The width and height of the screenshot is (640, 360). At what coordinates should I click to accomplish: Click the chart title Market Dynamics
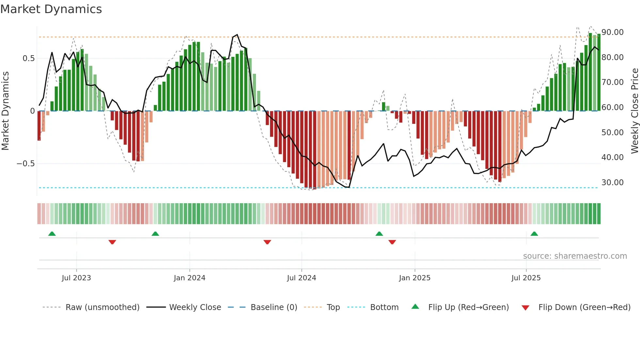(x=51, y=9)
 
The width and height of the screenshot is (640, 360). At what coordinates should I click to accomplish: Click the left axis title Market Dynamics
(x=5, y=111)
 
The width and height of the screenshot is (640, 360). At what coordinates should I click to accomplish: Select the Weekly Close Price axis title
(x=634, y=111)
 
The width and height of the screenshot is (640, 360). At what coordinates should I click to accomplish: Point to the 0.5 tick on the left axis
(x=28, y=58)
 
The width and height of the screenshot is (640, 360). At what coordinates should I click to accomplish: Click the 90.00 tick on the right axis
(x=612, y=32)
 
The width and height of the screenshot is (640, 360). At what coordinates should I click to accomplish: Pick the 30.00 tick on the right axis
(x=612, y=183)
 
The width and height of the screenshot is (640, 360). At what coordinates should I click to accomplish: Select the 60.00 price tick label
(x=612, y=107)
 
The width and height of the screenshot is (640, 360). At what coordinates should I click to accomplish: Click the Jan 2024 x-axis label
(x=189, y=278)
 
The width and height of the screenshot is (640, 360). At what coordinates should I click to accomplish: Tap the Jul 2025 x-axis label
(x=526, y=278)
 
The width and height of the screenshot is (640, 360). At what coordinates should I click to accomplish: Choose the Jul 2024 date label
(x=301, y=278)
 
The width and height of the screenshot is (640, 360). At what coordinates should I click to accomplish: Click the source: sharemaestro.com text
(x=575, y=256)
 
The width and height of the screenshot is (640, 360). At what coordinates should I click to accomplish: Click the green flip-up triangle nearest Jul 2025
(x=534, y=234)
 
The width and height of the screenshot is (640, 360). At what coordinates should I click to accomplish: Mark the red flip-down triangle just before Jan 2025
(x=392, y=242)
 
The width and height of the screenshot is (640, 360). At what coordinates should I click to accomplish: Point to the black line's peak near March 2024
(x=237, y=35)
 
